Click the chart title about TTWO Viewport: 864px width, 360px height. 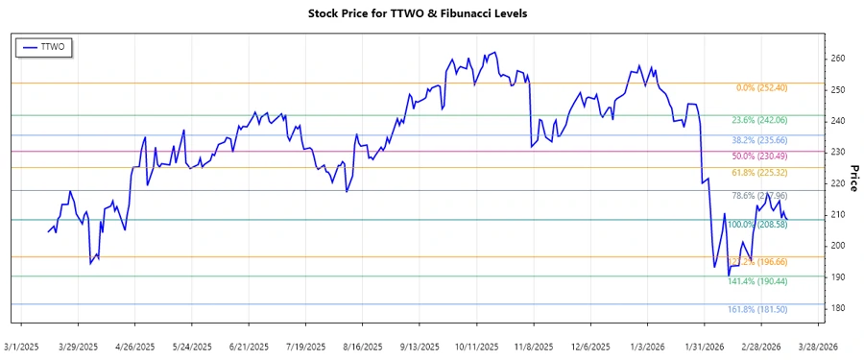(431, 13)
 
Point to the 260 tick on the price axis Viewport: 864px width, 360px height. (837, 59)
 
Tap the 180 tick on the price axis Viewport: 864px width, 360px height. (837, 308)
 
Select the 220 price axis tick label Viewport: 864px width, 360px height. (837, 183)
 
